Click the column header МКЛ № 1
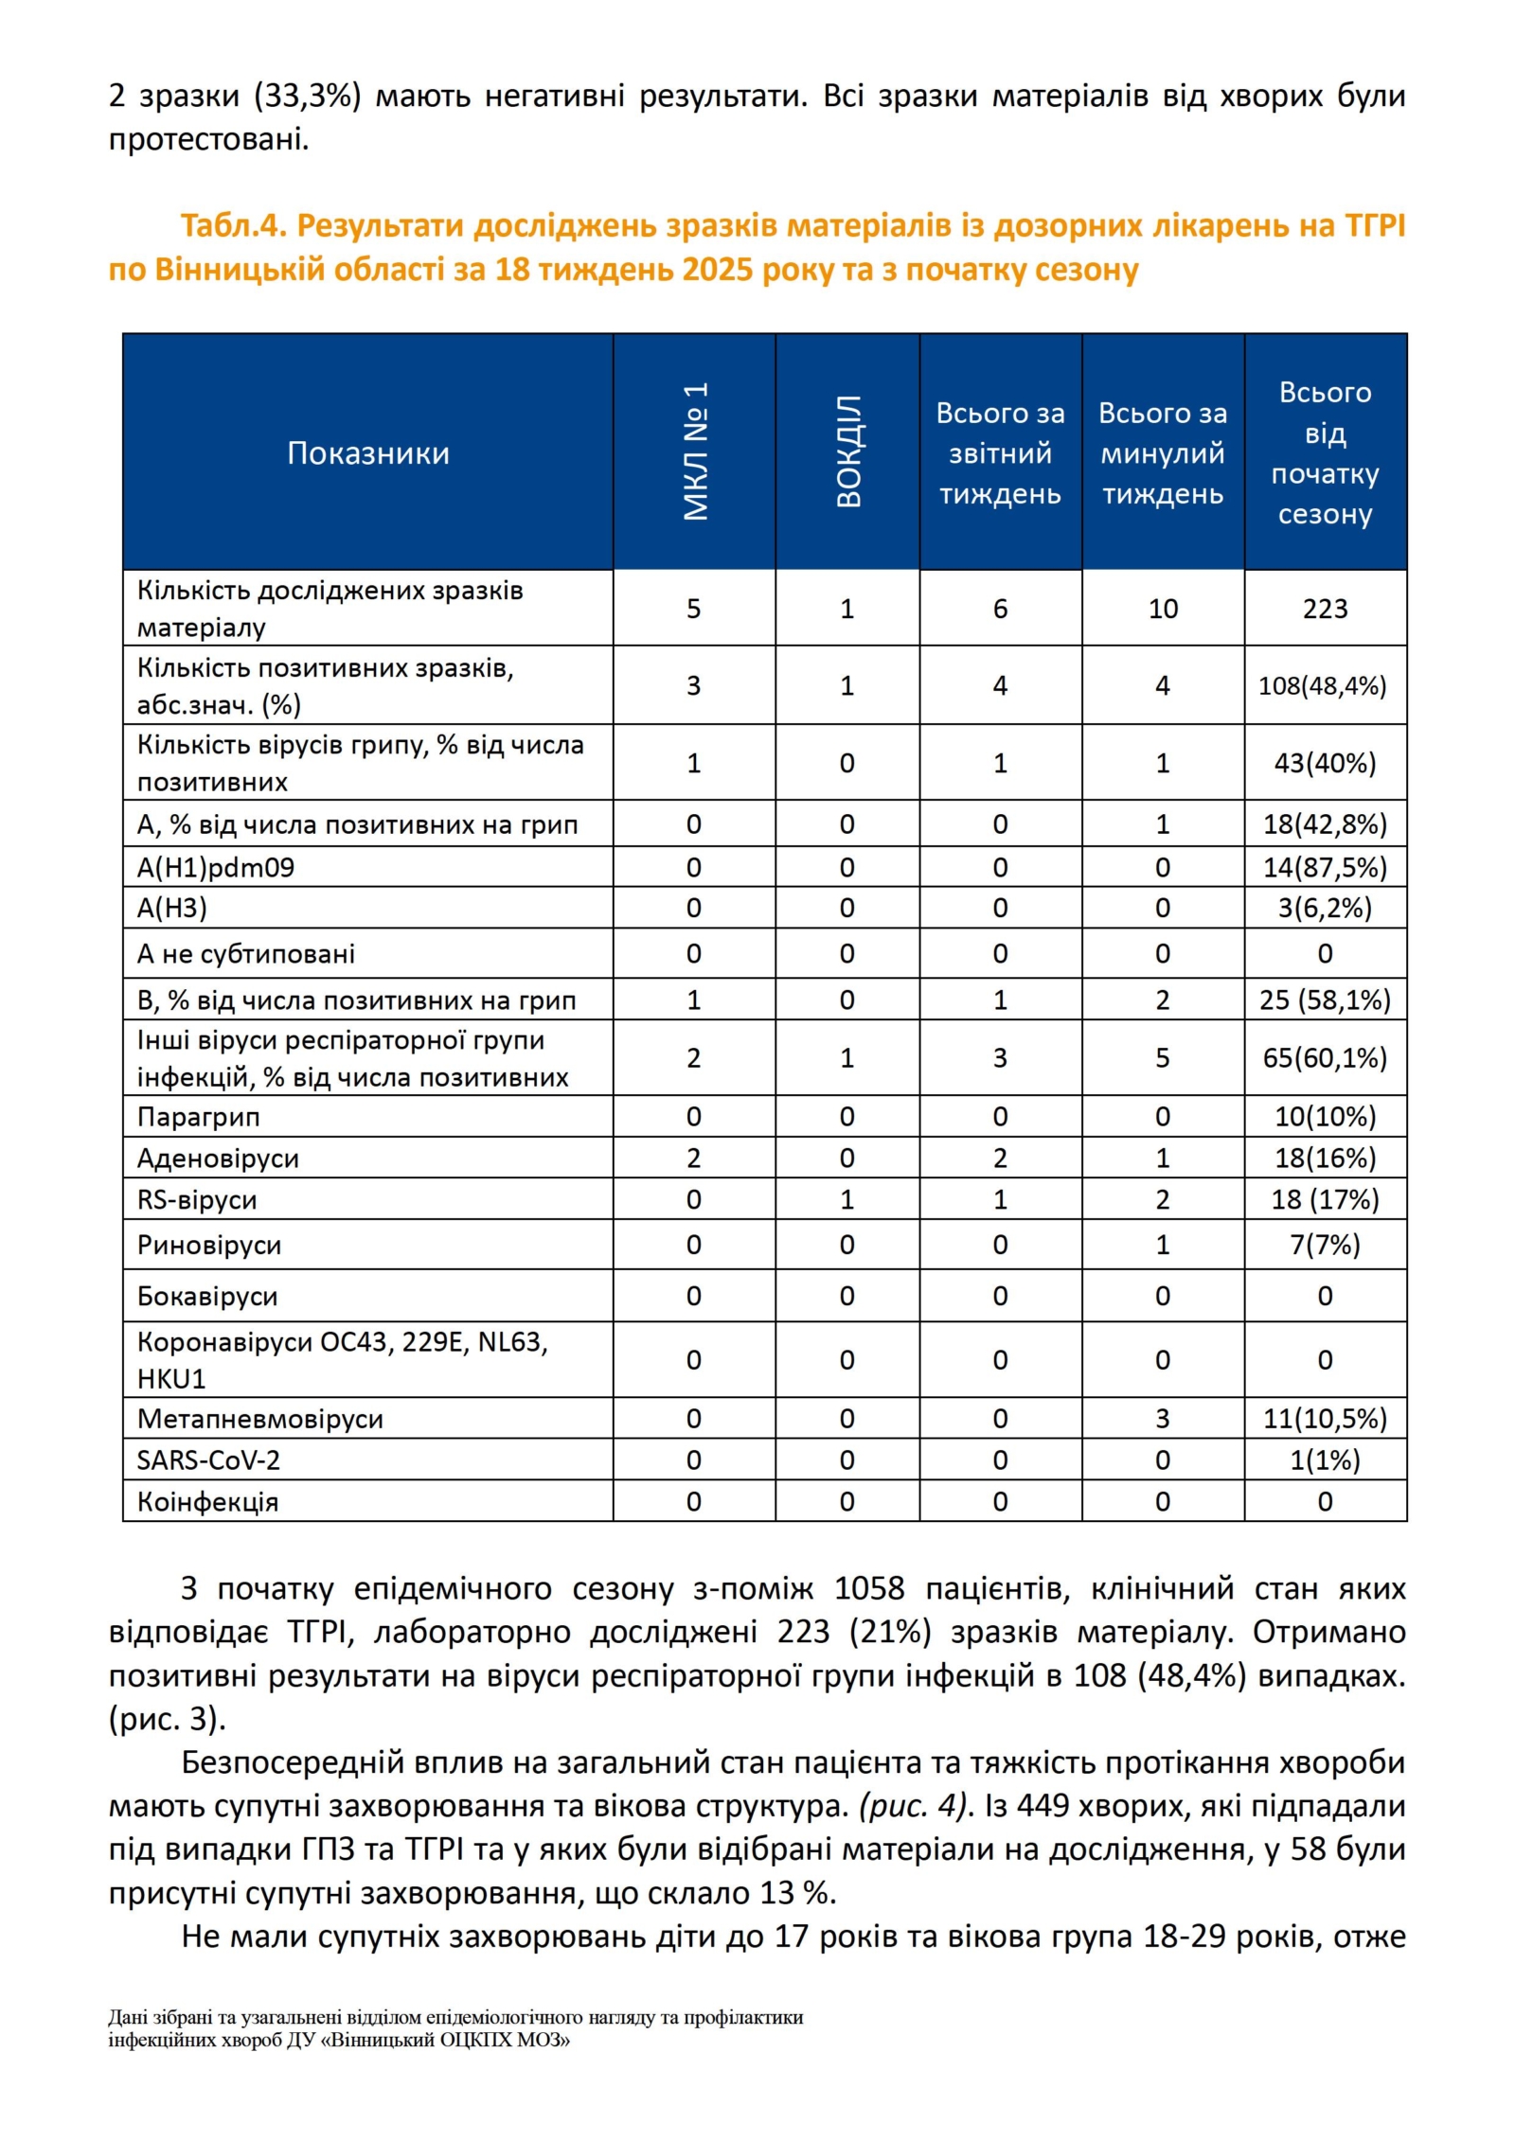point(695,451)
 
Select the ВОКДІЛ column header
point(848,451)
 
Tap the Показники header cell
point(368,453)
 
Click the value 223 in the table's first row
point(1325,609)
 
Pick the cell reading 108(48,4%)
point(1322,685)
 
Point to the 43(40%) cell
point(1325,763)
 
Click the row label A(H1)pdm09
point(216,867)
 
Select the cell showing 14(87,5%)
point(1325,867)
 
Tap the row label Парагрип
point(198,1117)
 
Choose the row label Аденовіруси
point(218,1159)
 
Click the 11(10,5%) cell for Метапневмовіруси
point(1325,1419)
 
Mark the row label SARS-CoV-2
point(208,1460)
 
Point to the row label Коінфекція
point(207,1502)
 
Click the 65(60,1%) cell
point(1325,1057)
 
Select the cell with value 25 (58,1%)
point(1325,1000)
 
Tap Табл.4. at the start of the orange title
point(233,226)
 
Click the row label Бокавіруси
point(207,1296)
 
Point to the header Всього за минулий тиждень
point(1163,453)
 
